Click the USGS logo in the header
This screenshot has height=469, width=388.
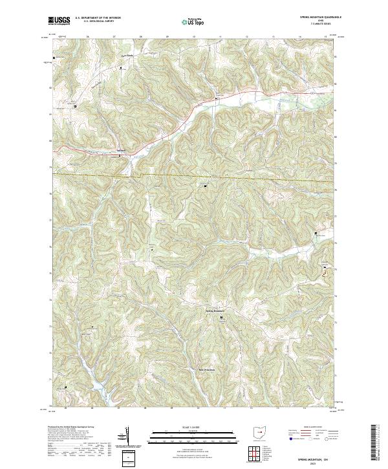pos(59,21)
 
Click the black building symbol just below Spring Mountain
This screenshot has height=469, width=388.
pos(222,317)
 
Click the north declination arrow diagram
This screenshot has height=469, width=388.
pos(127,436)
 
